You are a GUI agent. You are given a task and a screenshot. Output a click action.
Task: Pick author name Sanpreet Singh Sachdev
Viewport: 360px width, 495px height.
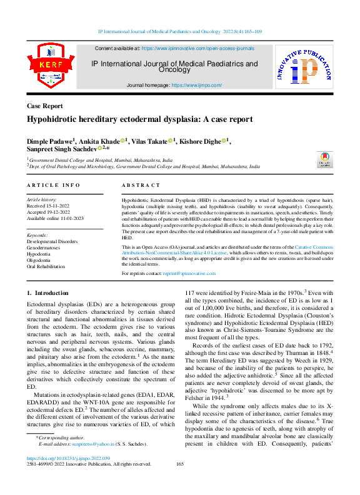coord(63,150)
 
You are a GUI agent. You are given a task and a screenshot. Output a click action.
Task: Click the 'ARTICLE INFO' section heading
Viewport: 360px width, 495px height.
coord(53,186)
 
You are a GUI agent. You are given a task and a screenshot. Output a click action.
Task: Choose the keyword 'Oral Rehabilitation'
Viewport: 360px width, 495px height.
coord(46,266)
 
